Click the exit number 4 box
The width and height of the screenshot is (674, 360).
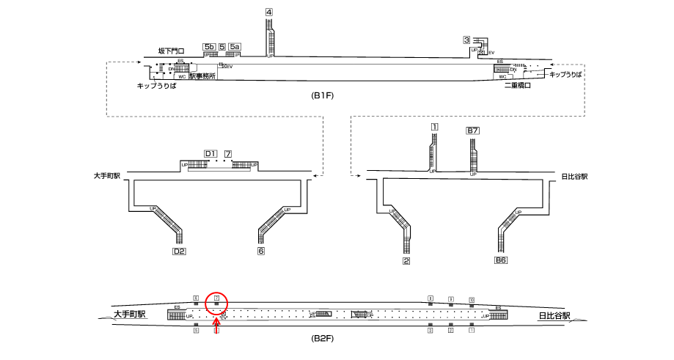pos(269,12)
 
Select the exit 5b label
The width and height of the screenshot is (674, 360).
pos(209,47)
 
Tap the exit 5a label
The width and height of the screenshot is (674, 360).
pos(235,47)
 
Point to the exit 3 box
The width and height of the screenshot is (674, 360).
pos(466,40)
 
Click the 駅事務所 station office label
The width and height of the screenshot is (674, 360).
pos(202,76)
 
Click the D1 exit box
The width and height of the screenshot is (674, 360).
pos(210,153)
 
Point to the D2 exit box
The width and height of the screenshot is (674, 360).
pos(179,251)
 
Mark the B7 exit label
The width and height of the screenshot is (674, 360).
pos(473,131)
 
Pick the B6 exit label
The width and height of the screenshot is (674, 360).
pos(501,260)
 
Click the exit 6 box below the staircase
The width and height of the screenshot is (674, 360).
pos(260,251)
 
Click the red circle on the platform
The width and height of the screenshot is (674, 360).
pos(216,301)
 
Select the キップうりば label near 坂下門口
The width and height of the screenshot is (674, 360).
pos(156,86)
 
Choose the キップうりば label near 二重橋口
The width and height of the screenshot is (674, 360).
pos(565,75)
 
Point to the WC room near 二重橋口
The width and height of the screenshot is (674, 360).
pos(502,76)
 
